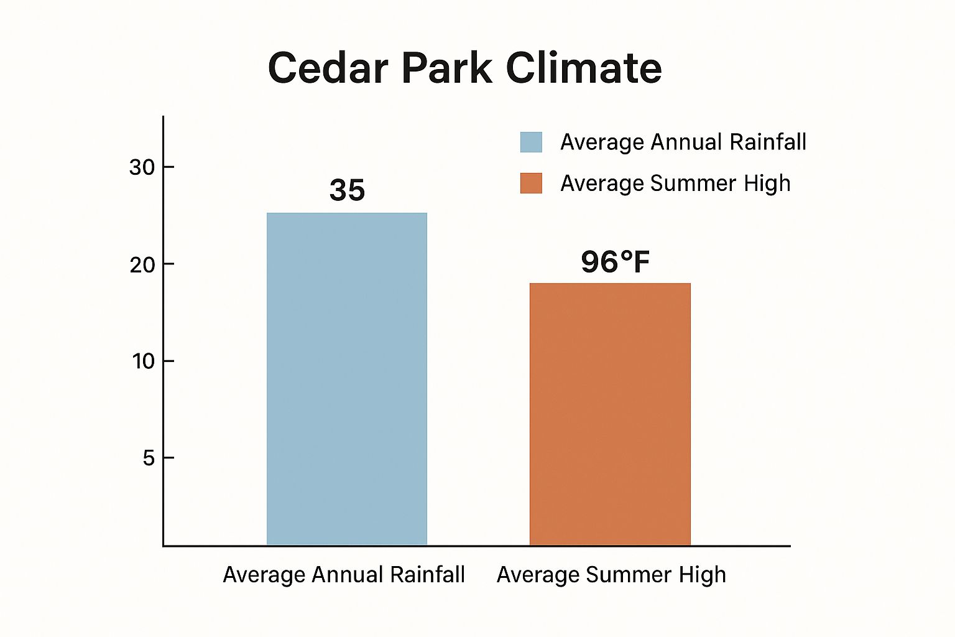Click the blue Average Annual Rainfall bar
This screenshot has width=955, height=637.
tap(347, 379)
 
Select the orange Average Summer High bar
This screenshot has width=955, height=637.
tap(610, 414)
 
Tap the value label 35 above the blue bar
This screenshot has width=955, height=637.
tap(347, 190)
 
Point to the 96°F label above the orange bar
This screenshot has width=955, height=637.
tap(615, 262)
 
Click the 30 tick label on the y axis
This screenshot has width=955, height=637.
tap(142, 167)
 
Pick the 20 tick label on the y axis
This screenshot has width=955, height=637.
tap(142, 264)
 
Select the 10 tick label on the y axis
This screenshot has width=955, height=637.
tap(143, 361)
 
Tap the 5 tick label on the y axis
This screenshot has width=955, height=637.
tap(149, 458)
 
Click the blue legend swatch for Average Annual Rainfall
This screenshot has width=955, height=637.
tap(531, 142)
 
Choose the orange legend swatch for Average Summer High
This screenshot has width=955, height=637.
tap(531, 183)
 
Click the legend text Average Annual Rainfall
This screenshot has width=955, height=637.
tap(683, 142)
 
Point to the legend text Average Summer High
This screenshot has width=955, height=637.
tap(675, 184)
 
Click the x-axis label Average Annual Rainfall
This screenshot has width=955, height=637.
tap(344, 574)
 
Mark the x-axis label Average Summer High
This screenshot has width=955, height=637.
tap(611, 574)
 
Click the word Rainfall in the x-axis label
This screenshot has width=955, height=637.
tap(427, 574)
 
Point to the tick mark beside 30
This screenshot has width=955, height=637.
tap(168, 167)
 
